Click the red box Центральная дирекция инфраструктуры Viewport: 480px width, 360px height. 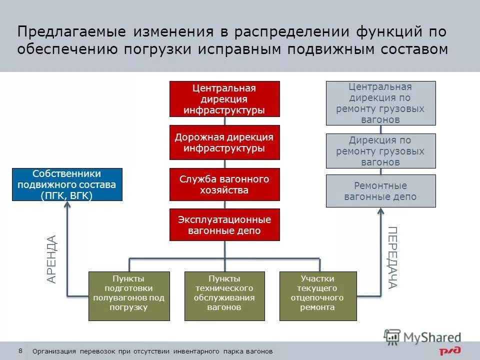tap(224, 99)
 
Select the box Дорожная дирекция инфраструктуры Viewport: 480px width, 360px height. tap(224, 142)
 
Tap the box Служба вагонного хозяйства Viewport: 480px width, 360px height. tap(224, 184)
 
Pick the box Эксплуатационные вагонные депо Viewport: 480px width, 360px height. tap(224, 225)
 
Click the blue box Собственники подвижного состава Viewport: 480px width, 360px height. tap(67, 184)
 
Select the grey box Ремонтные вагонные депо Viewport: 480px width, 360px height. tap(380, 191)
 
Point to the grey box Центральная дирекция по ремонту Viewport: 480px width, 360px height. tap(380, 103)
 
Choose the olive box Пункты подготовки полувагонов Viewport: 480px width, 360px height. tap(129, 296)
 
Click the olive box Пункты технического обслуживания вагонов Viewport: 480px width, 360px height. tap(224, 296)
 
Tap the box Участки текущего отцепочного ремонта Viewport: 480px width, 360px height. tap(318, 296)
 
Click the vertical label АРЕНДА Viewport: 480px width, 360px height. tap(52, 259)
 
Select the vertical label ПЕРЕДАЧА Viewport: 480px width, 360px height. tap(392, 257)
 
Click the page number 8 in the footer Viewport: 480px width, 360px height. tap(20, 350)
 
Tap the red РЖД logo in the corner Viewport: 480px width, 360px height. tap(450, 351)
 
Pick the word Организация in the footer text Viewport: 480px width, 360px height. tap(54, 351)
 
